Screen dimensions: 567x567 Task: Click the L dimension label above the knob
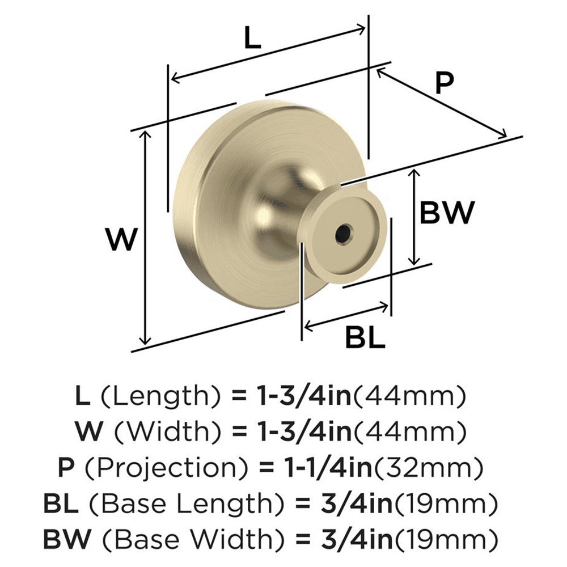pos(252,39)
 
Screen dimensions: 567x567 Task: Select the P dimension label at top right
pos(445,83)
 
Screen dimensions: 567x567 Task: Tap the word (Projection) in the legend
pos(164,469)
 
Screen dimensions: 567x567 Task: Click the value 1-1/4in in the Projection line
pos(323,469)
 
